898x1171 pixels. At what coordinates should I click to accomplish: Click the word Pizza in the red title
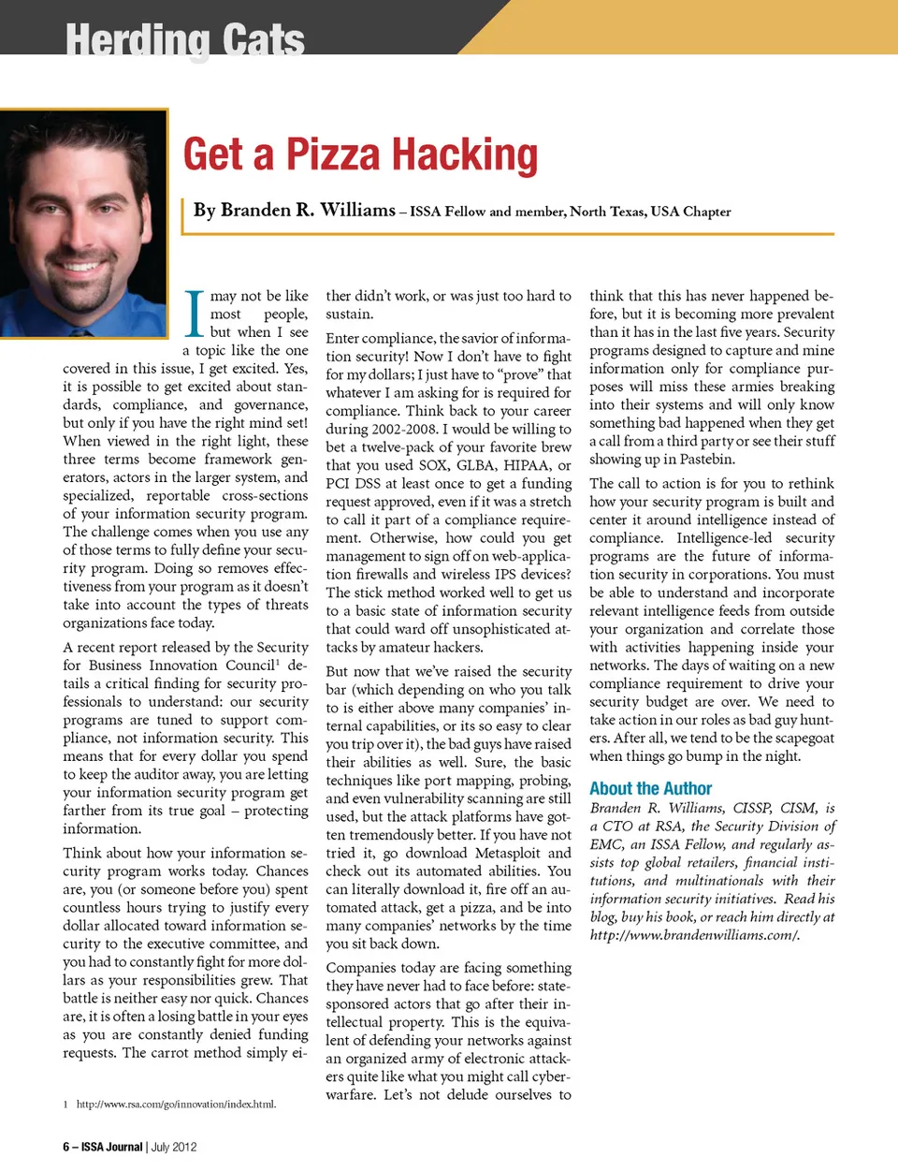click(332, 155)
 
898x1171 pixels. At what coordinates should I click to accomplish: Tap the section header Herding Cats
click(184, 40)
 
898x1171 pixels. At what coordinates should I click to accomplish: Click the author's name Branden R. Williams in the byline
click(295, 211)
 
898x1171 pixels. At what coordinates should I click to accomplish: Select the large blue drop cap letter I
click(195, 314)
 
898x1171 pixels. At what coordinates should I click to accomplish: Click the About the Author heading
click(650, 789)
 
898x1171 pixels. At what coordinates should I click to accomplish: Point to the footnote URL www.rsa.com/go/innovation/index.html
click(176, 1105)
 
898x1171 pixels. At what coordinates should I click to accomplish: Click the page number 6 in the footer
click(66, 1147)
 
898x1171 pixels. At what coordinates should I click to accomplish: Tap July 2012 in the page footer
click(174, 1147)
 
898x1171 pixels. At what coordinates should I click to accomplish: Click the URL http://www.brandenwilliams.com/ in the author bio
click(694, 935)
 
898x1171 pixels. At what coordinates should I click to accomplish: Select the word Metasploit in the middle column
click(507, 853)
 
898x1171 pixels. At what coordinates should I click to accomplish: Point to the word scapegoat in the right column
click(793, 738)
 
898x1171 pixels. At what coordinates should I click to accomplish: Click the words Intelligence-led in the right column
click(724, 538)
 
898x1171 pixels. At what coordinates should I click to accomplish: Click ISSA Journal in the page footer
click(111, 1147)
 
